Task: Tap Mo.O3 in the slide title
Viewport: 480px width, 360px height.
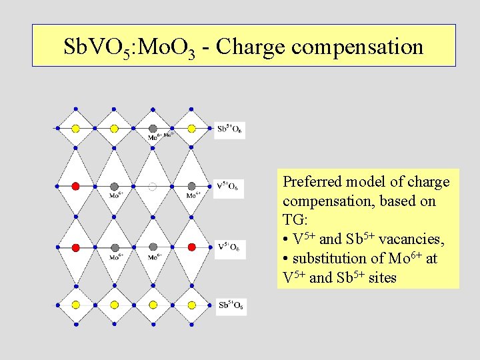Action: (x=167, y=47)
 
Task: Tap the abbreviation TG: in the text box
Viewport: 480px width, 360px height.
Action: (x=293, y=220)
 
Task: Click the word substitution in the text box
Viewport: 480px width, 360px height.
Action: (x=329, y=258)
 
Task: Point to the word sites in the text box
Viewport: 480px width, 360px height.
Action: (x=382, y=277)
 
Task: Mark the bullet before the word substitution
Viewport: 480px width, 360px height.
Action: (x=285, y=259)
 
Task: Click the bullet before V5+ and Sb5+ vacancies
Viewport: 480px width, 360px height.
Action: (x=285, y=239)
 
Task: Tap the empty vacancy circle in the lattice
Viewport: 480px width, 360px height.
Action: (x=153, y=187)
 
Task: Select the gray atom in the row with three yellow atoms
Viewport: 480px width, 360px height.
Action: (x=153, y=129)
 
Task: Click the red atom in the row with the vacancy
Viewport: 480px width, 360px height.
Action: (x=75, y=186)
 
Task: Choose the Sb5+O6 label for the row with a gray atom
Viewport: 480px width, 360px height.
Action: (x=231, y=129)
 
